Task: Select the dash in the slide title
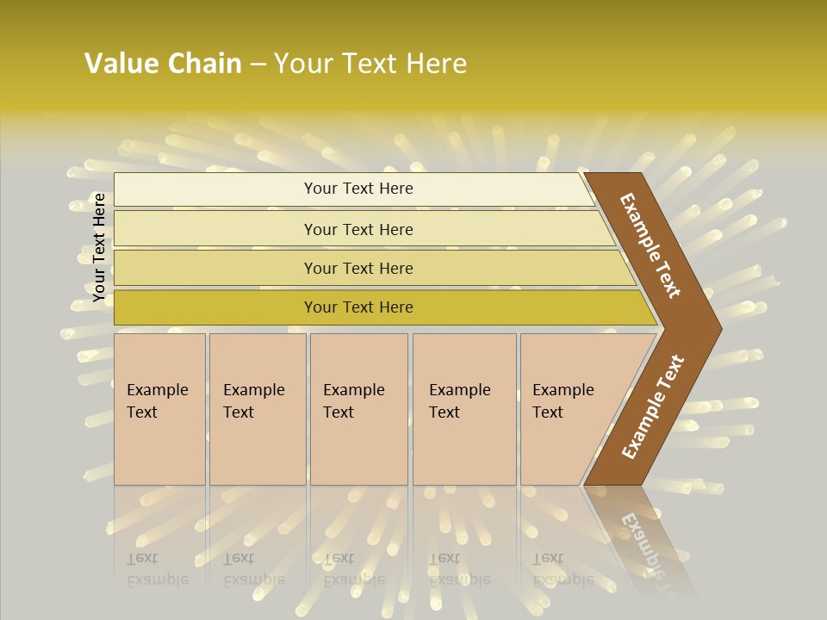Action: (258, 65)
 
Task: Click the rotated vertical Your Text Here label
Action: (99, 247)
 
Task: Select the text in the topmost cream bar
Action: (358, 189)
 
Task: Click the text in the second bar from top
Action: (358, 229)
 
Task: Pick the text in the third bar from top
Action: (358, 268)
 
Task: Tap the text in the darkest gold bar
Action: (358, 307)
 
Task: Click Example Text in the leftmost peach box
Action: (157, 401)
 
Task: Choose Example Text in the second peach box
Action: (253, 401)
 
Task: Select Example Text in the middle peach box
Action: (353, 401)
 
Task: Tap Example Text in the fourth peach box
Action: (459, 401)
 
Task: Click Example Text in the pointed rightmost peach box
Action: (563, 401)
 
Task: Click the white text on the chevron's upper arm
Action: (650, 245)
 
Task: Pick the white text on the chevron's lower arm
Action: (652, 407)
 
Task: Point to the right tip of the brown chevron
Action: (720, 328)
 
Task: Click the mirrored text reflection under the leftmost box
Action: (157, 569)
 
